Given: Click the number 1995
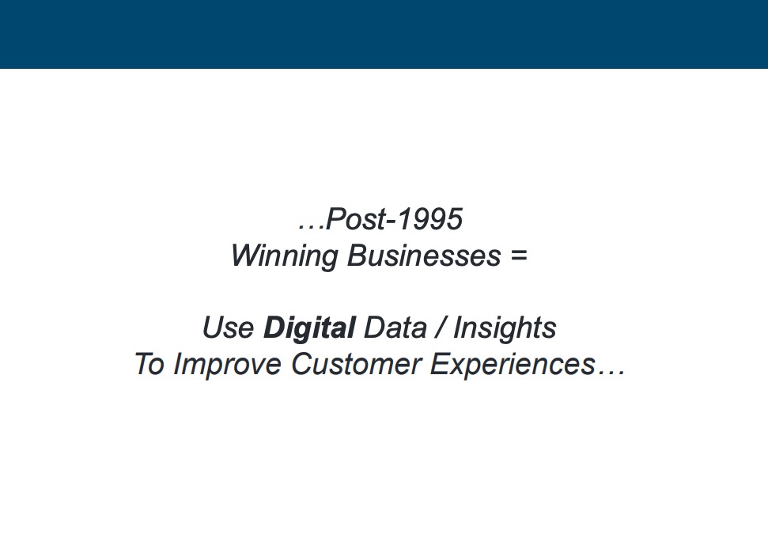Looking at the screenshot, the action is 429,219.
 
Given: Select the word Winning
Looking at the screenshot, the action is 285,256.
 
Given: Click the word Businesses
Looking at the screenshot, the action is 424,256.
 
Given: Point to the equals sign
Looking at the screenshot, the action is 518,256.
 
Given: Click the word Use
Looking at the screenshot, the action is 229,328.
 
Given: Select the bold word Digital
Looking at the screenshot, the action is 309,328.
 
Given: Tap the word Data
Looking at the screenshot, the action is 395,328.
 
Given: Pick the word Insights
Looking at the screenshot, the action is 505,328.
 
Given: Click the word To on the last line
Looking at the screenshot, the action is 149,364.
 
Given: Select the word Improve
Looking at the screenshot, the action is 227,365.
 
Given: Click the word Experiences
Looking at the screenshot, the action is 513,365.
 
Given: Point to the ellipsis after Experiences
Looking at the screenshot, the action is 611,373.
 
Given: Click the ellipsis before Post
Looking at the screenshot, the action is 311,228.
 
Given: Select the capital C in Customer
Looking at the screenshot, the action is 303,364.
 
